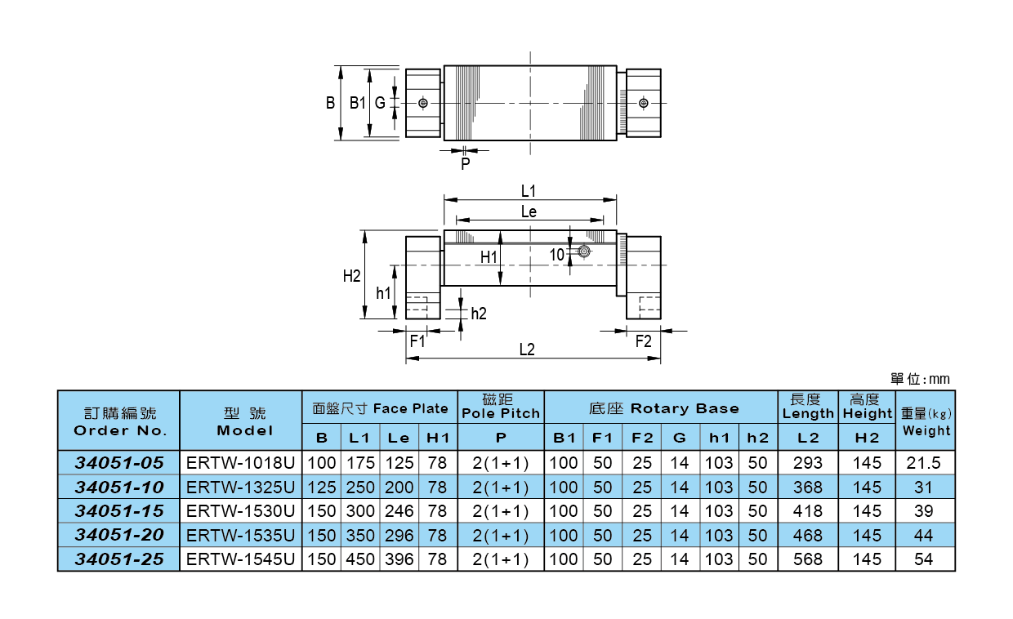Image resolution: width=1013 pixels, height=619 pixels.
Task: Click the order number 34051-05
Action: pos(119,462)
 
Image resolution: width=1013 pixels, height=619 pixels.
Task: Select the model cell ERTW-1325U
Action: pos(240,487)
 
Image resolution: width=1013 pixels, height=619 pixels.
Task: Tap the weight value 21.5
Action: pos(925,462)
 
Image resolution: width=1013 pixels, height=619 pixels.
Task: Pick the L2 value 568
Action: pos(808,560)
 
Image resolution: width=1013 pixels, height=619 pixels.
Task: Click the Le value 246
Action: pos(398,511)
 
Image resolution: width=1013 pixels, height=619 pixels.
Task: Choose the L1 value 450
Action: pos(359,560)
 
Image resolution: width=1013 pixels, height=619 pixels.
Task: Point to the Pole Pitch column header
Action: pos(501,406)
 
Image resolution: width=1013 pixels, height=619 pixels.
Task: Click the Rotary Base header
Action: pos(661,408)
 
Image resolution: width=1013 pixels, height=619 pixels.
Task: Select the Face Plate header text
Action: pos(381,408)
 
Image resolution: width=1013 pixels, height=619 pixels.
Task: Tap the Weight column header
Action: pos(926,421)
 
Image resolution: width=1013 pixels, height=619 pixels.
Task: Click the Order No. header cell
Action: pos(119,421)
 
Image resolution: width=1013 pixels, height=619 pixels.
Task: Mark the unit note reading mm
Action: pos(920,379)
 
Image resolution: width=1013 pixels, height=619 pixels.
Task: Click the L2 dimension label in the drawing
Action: pos(527,350)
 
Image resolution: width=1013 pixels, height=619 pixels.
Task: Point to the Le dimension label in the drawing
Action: pos(529,212)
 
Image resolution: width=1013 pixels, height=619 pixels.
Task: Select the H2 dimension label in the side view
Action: pos(351,276)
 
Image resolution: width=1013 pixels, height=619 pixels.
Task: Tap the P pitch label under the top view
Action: pos(465,164)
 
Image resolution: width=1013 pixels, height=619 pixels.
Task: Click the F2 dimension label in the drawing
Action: pos(644,341)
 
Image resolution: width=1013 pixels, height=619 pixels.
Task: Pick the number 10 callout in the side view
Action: pos(556,255)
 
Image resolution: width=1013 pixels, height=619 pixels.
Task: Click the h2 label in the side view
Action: pos(479,314)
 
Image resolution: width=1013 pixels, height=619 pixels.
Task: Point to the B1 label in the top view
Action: pos(357,103)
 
